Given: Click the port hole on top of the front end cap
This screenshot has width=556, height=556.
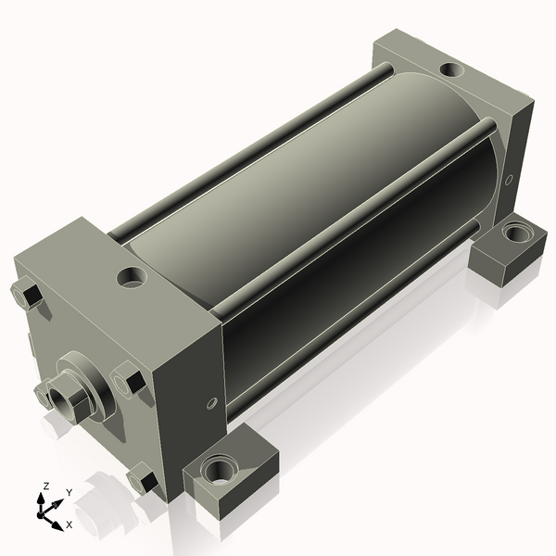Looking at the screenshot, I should click(x=133, y=275).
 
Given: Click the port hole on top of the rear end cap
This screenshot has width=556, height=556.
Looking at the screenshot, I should click(x=450, y=69).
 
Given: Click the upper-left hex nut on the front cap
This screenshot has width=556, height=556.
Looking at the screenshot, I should click(x=26, y=296).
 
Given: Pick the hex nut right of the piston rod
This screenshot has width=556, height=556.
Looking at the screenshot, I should click(x=127, y=381).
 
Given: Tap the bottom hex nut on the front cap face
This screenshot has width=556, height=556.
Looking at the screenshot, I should click(x=140, y=481).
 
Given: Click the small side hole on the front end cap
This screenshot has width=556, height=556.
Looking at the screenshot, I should click(x=211, y=403).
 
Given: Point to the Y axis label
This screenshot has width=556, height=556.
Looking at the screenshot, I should click(x=69, y=492).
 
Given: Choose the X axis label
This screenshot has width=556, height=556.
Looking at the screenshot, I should click(x=69, y=524).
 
